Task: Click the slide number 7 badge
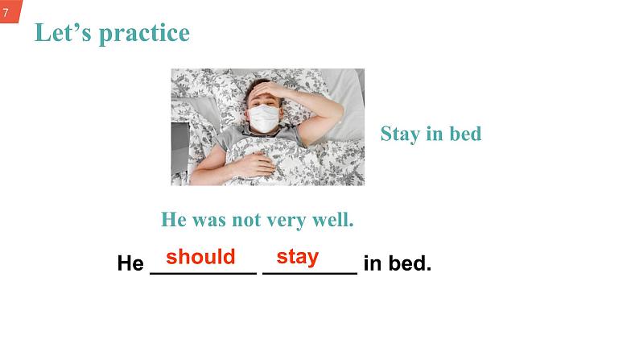pyautogui.click(x=6, y=11)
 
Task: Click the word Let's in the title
pyautogui.click(x=59, y=33)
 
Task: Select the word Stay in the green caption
pyautogui.click(x=400, y=134)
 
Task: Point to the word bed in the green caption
pyautogui.click(x=464, y=134)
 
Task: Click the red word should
pyautogui.click(x=200, y=257)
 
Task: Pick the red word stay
pyautogui.click(x=298, y=257)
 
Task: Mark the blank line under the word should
pyautogui.click(x=204, y=274)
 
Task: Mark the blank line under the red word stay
pyautogui.click(x=310, y=274)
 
